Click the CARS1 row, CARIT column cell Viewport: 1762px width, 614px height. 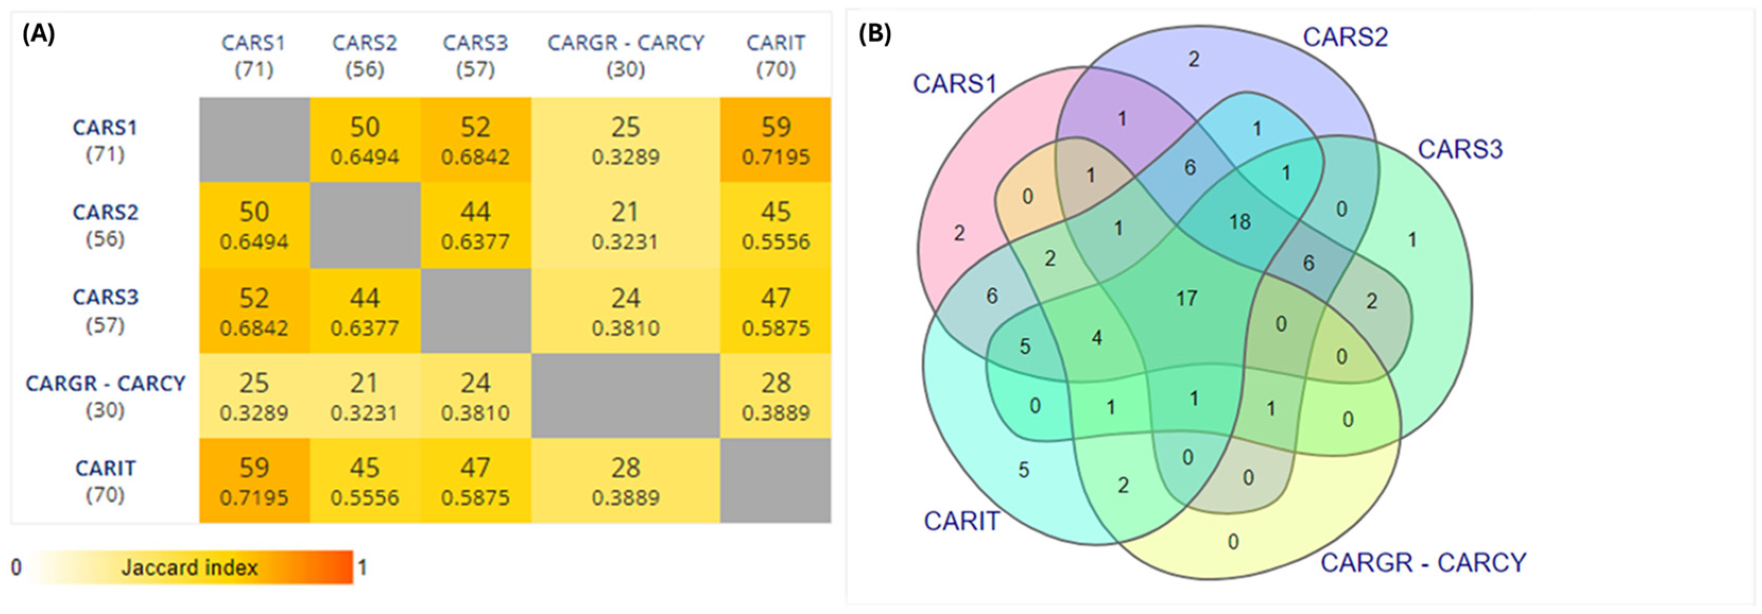tap(776, 140)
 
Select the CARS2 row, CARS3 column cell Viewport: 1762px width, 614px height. tap(476, 225)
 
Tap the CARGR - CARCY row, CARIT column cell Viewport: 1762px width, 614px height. tap(776, 396)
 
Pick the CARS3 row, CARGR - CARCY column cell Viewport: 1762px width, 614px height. tap(625, 311)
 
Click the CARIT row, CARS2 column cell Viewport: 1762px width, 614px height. tap(365, 481)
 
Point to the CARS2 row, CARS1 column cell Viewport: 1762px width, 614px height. tap(254, 225)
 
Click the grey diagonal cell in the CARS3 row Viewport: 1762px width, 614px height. tap(476, 311)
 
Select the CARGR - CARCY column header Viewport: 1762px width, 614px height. tap(625, 55)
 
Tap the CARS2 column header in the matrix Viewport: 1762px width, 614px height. tap(365, 55)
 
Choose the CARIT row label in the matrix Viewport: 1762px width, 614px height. tap(105, 481)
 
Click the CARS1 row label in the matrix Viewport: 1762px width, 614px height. tap(105, 140)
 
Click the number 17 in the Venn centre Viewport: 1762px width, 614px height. tap(1187, 298)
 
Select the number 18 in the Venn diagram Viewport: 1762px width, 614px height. tap(1239, 221)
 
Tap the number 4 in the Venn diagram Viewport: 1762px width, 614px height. tap(1096, 338)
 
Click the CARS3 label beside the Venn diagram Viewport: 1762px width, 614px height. tap(1459, 149)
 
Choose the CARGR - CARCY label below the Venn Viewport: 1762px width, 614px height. tap(1423, 563)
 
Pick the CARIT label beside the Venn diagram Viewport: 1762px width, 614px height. tap(961, 521)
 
